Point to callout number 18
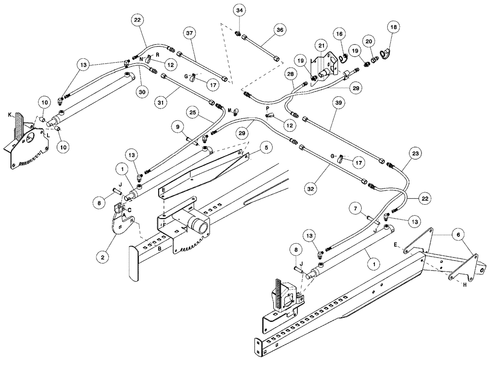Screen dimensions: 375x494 click(x=394, y=27)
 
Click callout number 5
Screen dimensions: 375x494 click(x=265, y=147)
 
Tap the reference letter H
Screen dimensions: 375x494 click(x=465, y=285)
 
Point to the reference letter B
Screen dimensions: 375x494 click(x=159, y=250)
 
